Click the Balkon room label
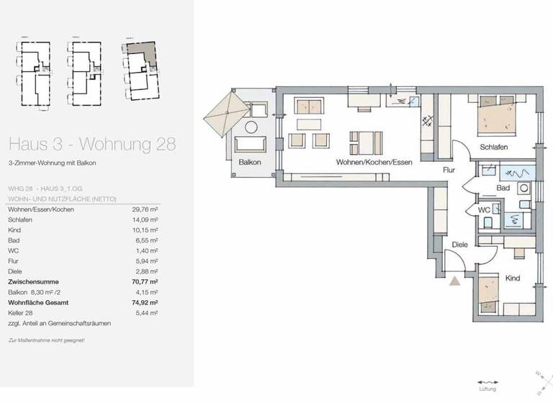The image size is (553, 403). (250, 162)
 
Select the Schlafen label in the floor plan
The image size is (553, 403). (494, 147)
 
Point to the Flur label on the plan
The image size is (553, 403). (449, 171)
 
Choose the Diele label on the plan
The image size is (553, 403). (459, 245)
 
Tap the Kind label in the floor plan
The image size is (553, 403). (512, 278)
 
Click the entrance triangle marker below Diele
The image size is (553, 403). (454, 281)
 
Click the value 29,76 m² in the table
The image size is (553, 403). (145, 209)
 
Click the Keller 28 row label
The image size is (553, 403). (22, 314)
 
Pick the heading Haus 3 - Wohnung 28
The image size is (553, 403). (91, 143)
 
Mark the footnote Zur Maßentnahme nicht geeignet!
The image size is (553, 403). (46, 340)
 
